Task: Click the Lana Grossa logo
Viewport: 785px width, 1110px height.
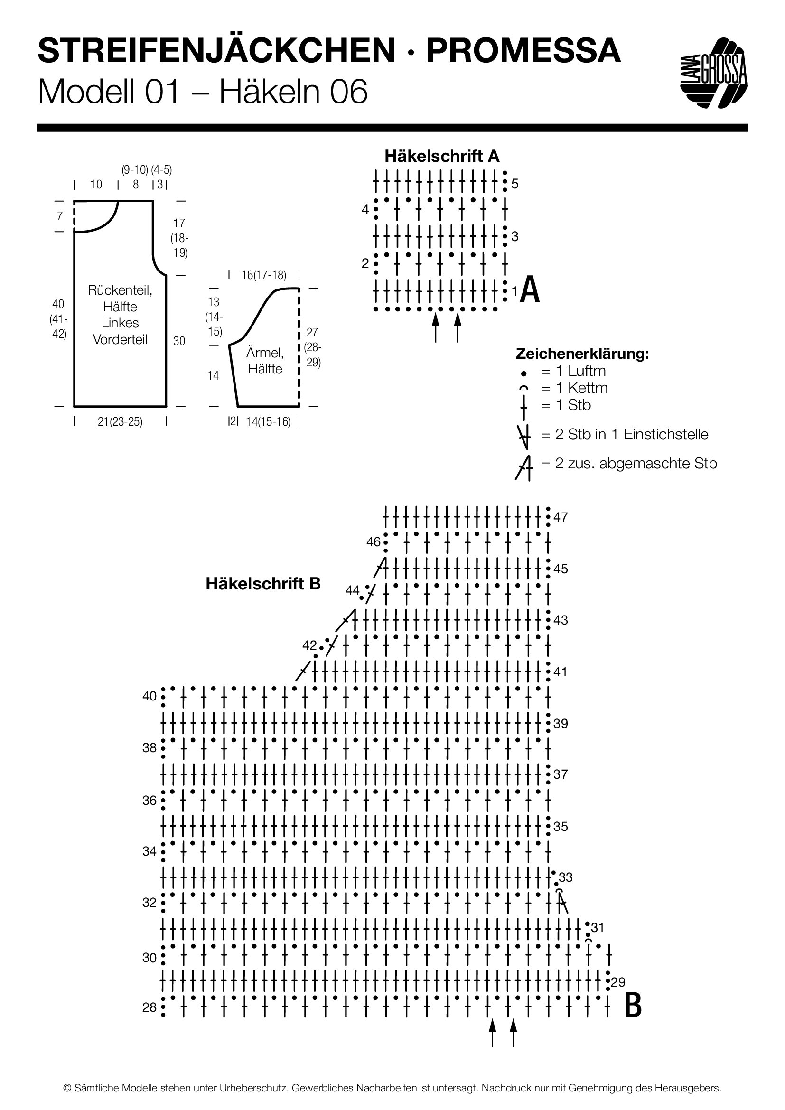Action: click(713, 73)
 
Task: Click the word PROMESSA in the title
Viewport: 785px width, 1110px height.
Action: click(523, 51)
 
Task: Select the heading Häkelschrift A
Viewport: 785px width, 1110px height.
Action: click(442, 156)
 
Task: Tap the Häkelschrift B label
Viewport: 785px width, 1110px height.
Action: click(263, 584)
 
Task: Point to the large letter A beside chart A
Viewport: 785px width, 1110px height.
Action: click(530, 289)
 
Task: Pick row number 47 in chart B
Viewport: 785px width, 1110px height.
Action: click(561, 517)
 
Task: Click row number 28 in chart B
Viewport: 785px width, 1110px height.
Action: click(150, 1007)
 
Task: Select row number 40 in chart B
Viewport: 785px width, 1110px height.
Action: click(150, 696)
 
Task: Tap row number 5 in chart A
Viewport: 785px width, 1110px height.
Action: click(515, 184)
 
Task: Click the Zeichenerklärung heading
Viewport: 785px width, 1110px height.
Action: click(582, 354)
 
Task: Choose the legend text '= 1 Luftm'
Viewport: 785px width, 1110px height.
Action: click(573, 371)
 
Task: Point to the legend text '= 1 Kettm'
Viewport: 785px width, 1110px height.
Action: click(574, 388)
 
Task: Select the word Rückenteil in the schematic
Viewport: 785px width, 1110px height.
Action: click(120, 290)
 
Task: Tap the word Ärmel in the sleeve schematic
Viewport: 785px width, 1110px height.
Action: click(265, 353)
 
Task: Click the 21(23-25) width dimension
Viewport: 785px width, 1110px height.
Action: click(120, 421)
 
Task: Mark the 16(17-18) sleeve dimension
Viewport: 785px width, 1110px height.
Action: click(264, 275)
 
